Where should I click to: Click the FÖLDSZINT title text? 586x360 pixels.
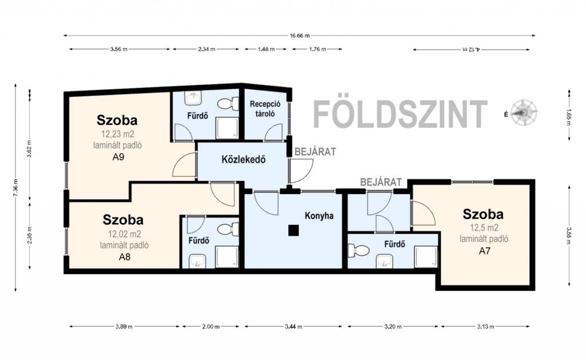click(x=400, y=114)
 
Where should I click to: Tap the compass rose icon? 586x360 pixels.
click(x=524, y=113)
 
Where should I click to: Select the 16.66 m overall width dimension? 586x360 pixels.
click(x=299, y=36)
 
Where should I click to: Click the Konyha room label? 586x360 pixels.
click(x=319, y=216)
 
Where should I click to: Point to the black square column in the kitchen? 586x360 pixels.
click(x=294, y=230)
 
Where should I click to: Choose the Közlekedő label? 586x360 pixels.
click(x=243, y=160)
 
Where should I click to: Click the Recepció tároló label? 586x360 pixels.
click(x=265, y=109)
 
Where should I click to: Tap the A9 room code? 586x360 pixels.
click(x=118, y=157)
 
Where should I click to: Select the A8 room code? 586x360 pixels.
click(x=124, y=257)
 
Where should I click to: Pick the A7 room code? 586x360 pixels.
click(x=484, y=251)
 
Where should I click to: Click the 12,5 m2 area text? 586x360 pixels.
click(x=484, y=228)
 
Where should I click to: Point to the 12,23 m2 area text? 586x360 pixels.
click(x=117, y=134)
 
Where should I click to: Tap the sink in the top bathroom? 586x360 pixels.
click(x=193, y=98)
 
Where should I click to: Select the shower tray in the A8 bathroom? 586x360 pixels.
click(x=227, y=257)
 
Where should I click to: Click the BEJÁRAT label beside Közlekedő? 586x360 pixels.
click(x=315, y=152)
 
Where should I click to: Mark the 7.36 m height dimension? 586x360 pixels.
click(x=15, y=187)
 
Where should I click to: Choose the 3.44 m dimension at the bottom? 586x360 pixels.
click(x=293, y=326)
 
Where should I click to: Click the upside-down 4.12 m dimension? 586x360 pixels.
click(x=472, y=49)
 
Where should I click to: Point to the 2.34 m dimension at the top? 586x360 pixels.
click(x=206, y=49)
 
